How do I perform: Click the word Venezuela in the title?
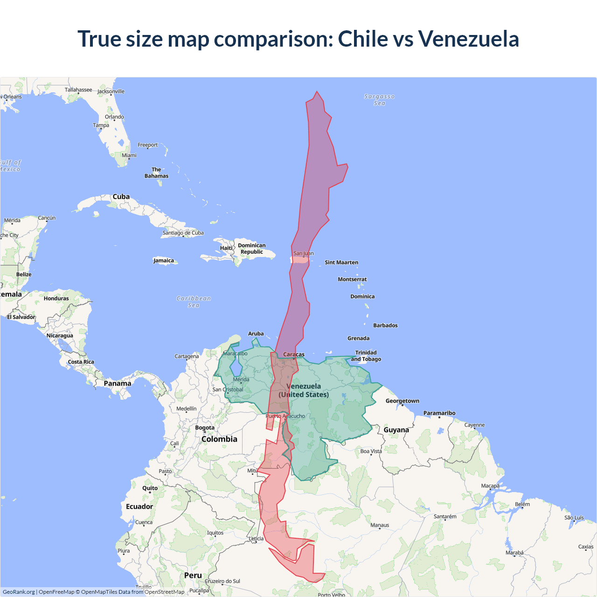[468, 39]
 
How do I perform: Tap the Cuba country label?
[121, 197]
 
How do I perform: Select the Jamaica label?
[164, 261]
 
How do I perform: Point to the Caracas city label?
[294, 354]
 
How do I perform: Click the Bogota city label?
[205, 428]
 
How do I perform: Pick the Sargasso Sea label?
[379, 100]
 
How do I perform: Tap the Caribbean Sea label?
[194, 302]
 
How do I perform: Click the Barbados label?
[385, 326]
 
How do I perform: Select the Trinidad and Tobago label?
[366, 356]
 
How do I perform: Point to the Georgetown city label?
[402, 401]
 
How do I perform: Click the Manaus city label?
[380, 525]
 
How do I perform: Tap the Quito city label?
[150, 488]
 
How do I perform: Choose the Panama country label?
[118, 383]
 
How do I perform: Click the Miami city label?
[129, 155]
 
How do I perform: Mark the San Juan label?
[303, 254]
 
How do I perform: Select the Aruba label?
[256, 334]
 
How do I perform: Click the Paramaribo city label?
[439, 413]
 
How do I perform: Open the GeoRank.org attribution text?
[19, 592]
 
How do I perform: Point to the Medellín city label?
[186, 409]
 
